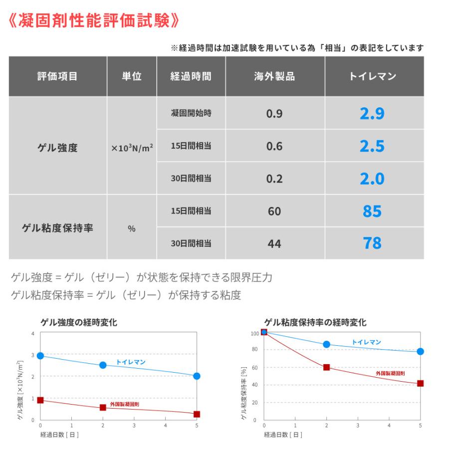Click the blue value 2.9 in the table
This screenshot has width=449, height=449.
[372, 114]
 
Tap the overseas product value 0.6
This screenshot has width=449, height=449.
[274, 146]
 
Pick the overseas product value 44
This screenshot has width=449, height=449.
[274, 243]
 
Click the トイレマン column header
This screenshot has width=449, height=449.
[372, 76]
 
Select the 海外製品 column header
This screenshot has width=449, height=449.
[274, 76]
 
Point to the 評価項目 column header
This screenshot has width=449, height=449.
[57, 76]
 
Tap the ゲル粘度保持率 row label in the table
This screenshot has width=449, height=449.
[57, 228]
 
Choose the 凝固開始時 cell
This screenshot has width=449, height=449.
[191, 114]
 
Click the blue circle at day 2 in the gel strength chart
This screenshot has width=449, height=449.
[103, 365]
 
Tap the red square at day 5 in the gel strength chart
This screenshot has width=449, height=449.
[197, 414]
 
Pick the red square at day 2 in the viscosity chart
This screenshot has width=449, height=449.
[326, 367]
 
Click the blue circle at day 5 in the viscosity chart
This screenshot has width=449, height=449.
[420, 351]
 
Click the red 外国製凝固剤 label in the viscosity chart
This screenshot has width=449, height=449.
[390, 373]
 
